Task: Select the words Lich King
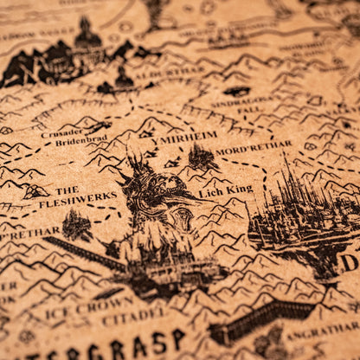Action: click(x=226, y=190)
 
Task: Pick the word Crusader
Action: click(x=62, y=132)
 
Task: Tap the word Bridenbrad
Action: click(x=81, y=141)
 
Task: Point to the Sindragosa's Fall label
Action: click(x=247, y=105)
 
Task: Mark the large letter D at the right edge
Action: click(x=349, y=262)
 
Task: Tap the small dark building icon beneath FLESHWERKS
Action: click(x=76, y=227)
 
